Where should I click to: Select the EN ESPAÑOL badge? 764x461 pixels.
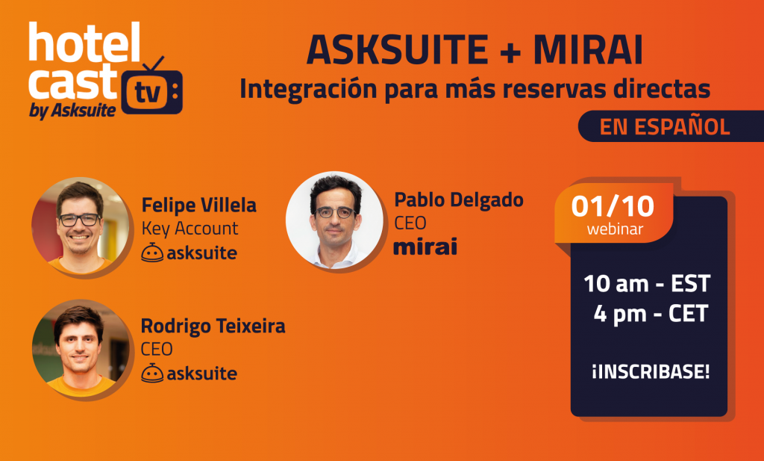tap(665, 126)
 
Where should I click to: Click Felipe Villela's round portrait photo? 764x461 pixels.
tap(78, 226)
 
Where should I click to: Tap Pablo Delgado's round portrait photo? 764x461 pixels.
tap(334, 220)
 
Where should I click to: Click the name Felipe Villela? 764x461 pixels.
tap(199, 205)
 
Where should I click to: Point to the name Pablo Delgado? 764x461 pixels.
tap(459, 199)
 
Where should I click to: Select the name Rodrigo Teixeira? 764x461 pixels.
tap(213, 327)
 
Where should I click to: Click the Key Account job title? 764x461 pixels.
tap(190, 229)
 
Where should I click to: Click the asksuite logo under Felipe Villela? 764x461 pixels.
tap(190, 253)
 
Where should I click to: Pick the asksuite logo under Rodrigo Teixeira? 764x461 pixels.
tap(190, 373)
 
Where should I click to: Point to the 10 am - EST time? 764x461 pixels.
tap(647, 284)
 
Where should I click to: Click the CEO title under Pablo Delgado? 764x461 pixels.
tap(410, 223)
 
